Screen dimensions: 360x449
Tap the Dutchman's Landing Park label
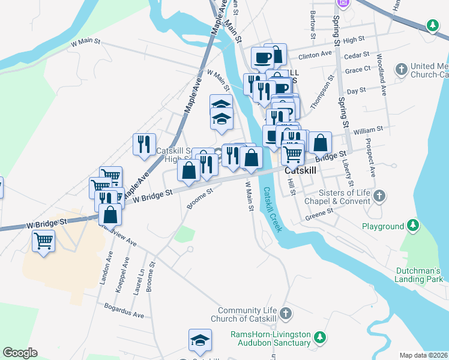(x=419, y=275)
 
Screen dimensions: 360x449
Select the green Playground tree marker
(x=412, y=226)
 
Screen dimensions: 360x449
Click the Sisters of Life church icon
(x=378, y=196)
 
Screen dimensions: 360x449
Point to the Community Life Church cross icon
(x=286, y=313)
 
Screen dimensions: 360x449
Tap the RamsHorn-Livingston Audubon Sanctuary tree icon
(x=321, y=338)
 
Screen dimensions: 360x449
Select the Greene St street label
(x=320, y=213)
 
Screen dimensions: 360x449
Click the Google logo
(x=20, y=353)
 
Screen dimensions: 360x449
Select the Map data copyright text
(x=423, y=355)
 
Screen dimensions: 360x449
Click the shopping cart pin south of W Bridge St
(x=43, y=241)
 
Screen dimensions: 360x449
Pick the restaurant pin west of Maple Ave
(x=143, y=144)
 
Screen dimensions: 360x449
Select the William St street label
(x=368, y=130)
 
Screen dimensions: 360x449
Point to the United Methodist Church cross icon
(x=401, y=69)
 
